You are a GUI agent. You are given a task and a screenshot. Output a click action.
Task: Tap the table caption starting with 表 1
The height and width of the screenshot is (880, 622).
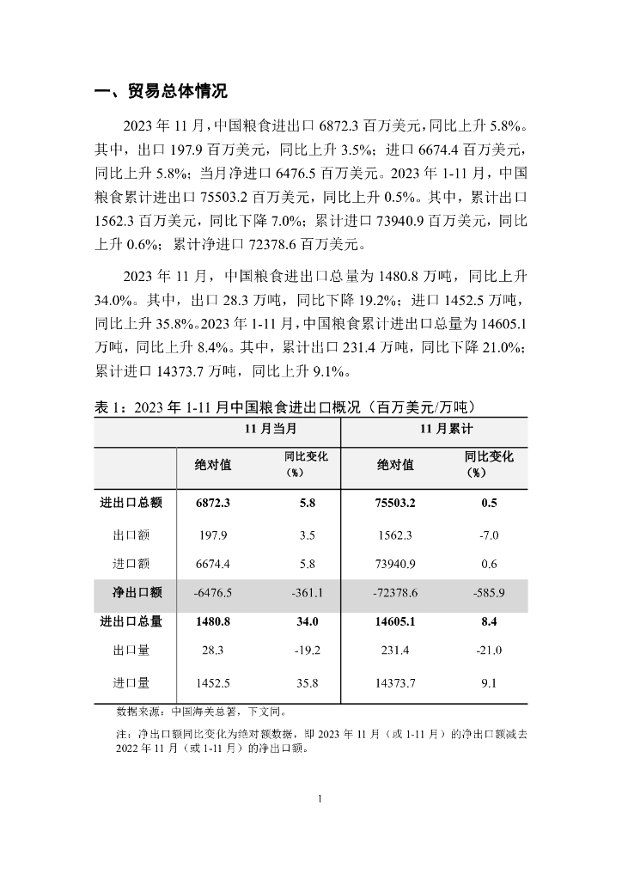[284, 406]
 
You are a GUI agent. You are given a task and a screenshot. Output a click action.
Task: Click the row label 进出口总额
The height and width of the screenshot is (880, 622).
[132, 504]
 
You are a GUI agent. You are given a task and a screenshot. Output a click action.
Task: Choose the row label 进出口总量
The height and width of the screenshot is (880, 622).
[132, 621]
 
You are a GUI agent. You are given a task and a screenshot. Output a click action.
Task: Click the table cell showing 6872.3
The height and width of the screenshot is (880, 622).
[214, 504]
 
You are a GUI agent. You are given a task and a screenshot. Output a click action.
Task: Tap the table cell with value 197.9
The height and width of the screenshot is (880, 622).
[211, 535]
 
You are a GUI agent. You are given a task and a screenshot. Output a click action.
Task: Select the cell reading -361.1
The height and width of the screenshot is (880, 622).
[307, 593]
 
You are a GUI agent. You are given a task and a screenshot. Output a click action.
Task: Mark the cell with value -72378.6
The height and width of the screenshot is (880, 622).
[394, 593]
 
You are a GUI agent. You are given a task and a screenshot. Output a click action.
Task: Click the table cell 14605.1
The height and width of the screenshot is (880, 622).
[395, 621]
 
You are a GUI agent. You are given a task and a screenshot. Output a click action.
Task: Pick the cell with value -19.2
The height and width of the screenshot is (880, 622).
[307, 651]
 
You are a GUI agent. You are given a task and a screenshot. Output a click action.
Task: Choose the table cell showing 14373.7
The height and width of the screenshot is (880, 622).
[395, 683]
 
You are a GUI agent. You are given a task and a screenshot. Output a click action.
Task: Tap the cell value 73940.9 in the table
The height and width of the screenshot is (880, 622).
[395, 565]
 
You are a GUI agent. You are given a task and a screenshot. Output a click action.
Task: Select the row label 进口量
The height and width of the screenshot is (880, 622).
[131, 683]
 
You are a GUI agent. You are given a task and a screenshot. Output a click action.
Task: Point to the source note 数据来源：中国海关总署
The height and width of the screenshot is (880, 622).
[201, 712]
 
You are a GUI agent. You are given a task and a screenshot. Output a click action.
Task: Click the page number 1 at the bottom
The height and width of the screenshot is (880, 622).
[320, 799]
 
